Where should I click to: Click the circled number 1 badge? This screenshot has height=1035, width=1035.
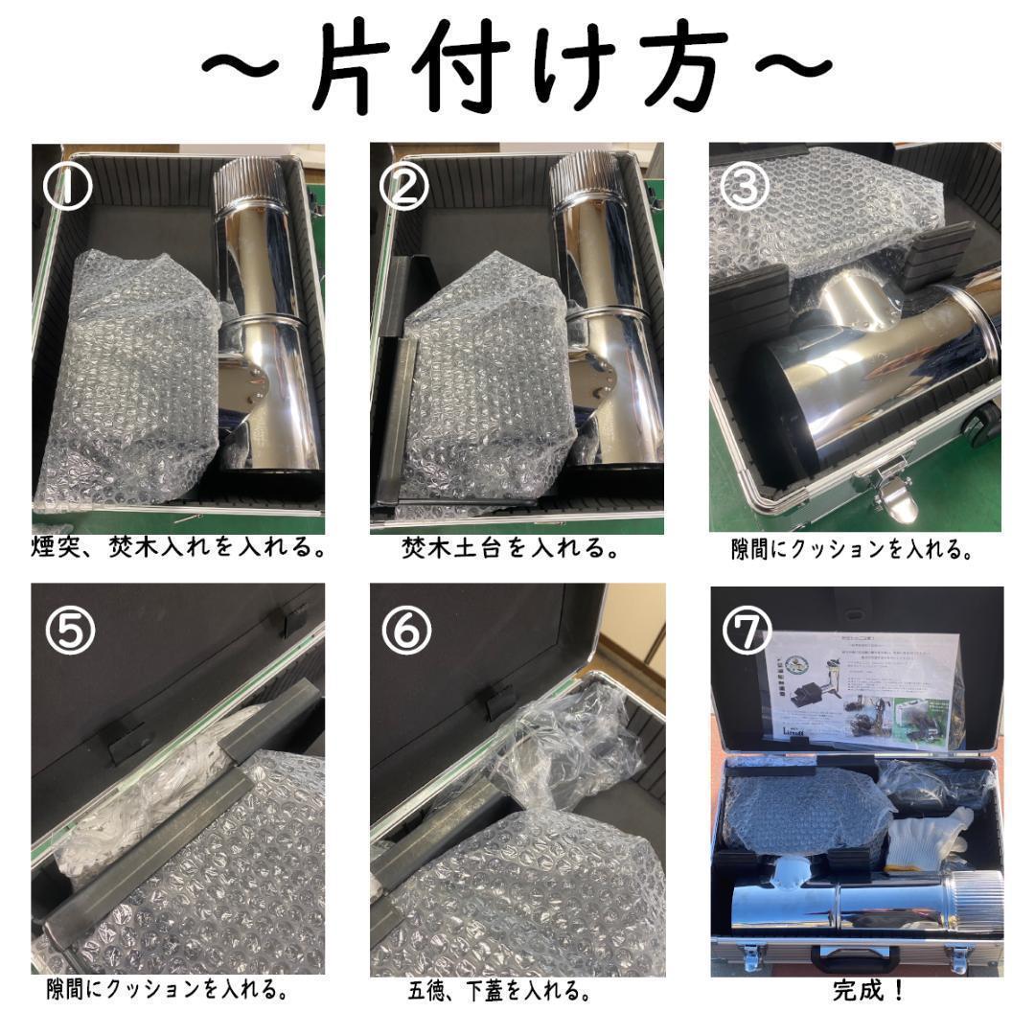click(x=66, y=187)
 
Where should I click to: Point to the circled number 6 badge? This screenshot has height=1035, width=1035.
click(x=406, y=629)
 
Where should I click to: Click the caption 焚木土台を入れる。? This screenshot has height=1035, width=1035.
click(x=509, y=549)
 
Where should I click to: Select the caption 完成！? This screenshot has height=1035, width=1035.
click(x=868, y=990)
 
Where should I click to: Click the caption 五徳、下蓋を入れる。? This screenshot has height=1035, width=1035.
click(x=498, y=990)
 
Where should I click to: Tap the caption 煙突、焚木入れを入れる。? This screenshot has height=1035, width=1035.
click(x=178, y=549)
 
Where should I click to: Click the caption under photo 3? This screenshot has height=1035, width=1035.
click(x=852, y=550)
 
